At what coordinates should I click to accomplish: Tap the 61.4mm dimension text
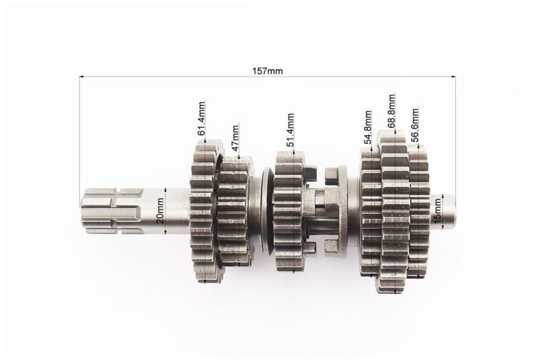[201, 118]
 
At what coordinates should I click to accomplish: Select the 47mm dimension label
[235, 138]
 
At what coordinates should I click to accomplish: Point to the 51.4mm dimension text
[291, 130]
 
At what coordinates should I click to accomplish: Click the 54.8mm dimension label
[368, 127]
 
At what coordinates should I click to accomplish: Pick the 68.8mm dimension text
[391, 111]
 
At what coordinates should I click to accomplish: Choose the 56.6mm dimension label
[415, 125]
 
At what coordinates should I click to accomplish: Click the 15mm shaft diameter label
[438, 211]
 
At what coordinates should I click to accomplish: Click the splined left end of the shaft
[112, 211]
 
